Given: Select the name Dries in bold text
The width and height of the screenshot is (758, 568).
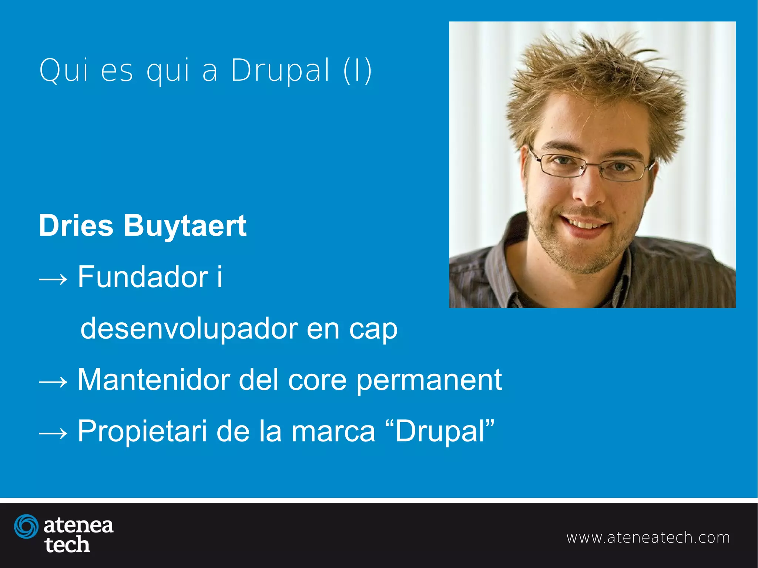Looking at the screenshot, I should [x=76, y=226].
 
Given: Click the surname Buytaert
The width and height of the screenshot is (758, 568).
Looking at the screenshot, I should [x=185, y=226].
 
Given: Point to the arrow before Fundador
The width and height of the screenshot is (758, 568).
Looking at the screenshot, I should [x=53, y=279].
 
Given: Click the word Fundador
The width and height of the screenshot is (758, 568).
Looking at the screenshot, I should [x=143, y=277].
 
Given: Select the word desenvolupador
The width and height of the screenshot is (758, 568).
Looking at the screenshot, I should [x=189, y=329].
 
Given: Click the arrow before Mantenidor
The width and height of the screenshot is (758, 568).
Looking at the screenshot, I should [x=53, y=382].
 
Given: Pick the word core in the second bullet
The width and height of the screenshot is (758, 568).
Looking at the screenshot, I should [x=317, y=380].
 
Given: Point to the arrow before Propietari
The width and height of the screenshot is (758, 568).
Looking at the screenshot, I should [x=53, y=433].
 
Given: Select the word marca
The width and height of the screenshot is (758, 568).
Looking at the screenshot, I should [x=333, y=432].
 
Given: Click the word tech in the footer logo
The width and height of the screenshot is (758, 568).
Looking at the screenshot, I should [x=67, y=545].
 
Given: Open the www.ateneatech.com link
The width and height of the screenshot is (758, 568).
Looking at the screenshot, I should [x=648, y=538].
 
